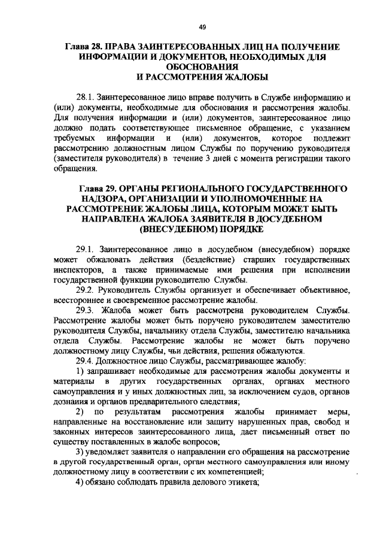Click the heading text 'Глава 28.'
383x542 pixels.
coord(86,47)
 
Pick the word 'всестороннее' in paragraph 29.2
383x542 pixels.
coord(78,300)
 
